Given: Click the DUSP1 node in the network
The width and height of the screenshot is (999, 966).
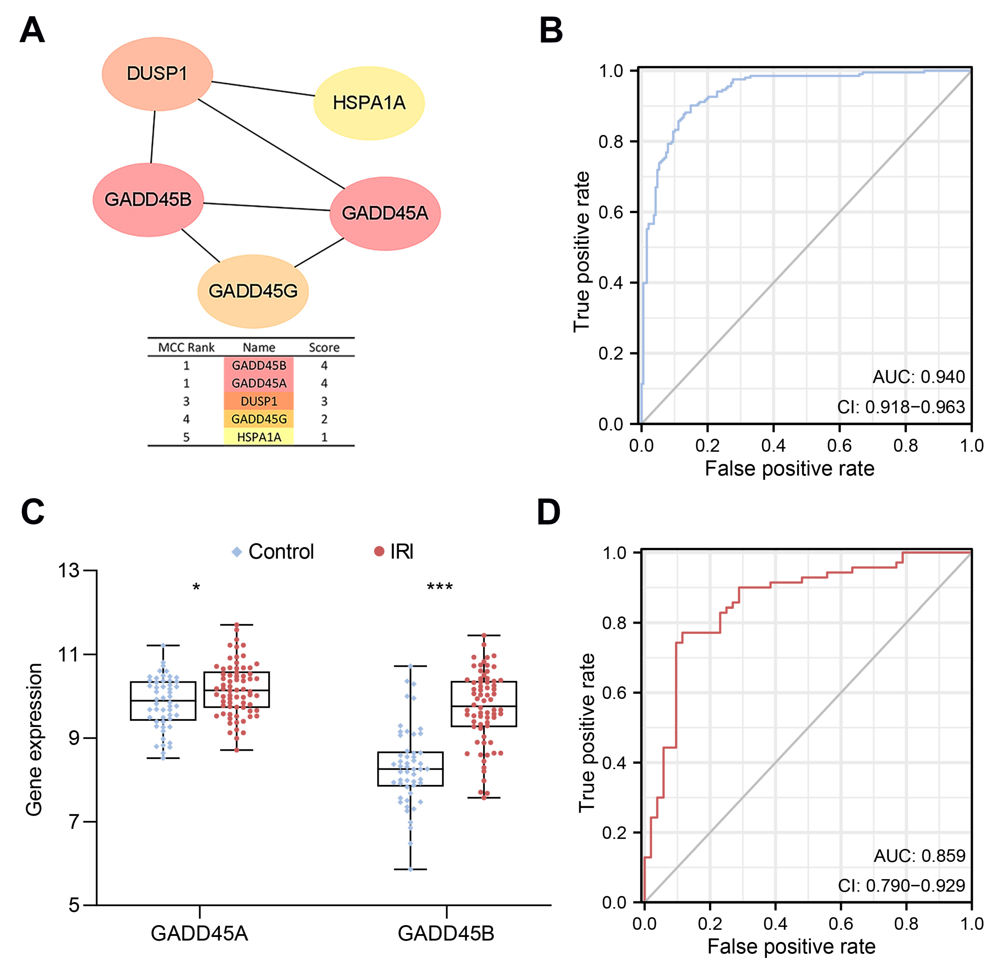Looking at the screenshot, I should tap(157, 74).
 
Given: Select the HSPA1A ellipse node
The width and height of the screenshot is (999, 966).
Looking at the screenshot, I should tap(369, 103).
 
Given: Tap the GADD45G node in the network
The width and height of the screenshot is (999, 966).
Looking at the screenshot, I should tap(253, 291).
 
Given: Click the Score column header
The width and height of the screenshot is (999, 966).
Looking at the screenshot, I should tap(324, 347).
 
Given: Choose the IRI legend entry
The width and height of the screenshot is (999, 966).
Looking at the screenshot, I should tap(394, 552).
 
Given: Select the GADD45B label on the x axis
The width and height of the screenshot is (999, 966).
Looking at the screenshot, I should tap(446, 933).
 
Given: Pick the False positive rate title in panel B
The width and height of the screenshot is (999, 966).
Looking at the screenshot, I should tap(790, 468).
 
